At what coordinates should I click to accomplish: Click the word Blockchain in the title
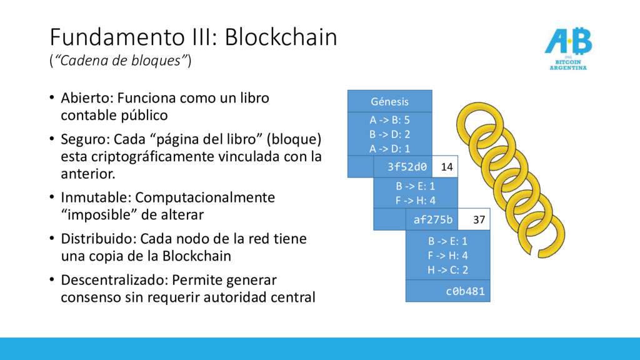click(x=281, y=37)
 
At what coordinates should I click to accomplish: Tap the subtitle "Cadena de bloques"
click(x=120, y=61)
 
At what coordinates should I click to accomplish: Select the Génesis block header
click(x=389, y=101)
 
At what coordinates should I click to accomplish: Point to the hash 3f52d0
click(x=407, y=167)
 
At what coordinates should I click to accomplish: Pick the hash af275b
click(x=433, y=219)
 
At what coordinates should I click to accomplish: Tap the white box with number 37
click(x=479, y=219)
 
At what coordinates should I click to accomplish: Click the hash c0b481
click(x=464, y=291)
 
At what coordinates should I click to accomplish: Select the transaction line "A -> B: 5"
click(x=389, y=120)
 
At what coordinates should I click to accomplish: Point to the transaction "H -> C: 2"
click(x=447, y=270)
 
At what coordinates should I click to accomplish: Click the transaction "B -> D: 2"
click(x=389, y=134)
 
